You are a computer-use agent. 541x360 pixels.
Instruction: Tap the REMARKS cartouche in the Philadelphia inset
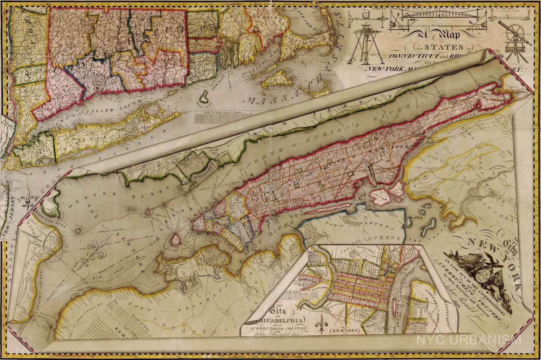(344, 330)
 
